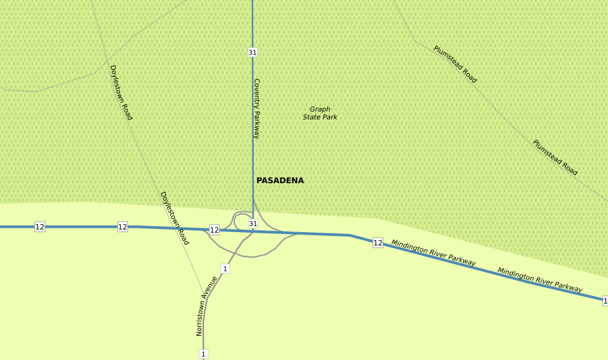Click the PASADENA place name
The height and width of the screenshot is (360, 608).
(x=280, y=181)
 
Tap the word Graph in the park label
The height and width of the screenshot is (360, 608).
(x=320, y=110)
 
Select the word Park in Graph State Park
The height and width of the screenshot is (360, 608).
(x=329, y=117)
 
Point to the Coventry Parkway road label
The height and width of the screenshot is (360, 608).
(x=257, y=108)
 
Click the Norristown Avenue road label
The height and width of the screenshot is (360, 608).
(x=207, y=306)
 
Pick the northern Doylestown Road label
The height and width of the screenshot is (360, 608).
(x=121, y=93)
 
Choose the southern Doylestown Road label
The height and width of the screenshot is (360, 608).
(x=174, y=218)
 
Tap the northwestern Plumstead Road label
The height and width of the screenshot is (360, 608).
(x=455, y=64)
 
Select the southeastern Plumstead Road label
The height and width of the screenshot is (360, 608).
(x=555, y=158)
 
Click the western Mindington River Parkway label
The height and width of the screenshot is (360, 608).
(x=433, y=253)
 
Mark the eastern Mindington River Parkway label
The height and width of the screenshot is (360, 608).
(x=540, y=280)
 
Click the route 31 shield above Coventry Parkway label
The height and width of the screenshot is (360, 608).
(x=253, y=52)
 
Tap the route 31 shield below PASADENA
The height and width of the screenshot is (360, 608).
(x=253, y=224)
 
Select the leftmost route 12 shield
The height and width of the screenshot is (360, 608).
(x=40, y=227)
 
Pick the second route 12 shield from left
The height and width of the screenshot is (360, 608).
(x=122, y=227)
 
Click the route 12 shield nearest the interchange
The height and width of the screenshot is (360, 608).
(x=214, y=230)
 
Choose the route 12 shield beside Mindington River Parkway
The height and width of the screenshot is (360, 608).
(x=378, y=242)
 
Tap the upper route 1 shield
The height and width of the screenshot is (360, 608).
(x=225, y=268)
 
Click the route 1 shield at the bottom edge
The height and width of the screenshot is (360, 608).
(x=203, y=354)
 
